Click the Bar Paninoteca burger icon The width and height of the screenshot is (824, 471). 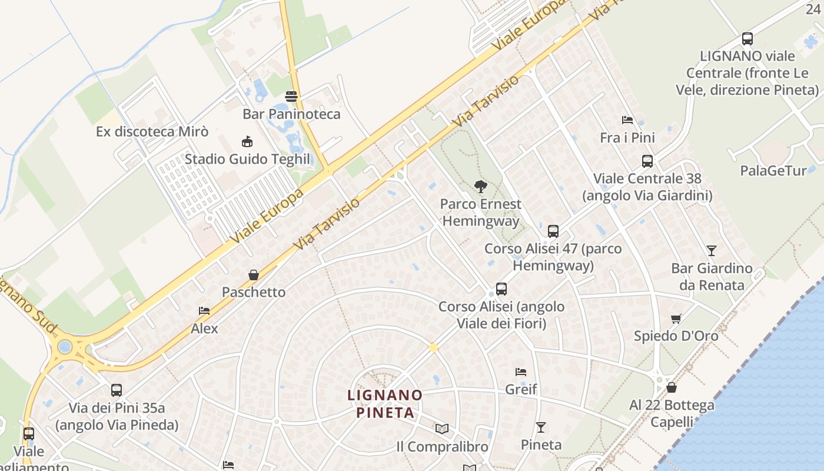[x=291, y=96]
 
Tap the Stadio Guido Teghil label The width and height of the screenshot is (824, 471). [x=247, y=159]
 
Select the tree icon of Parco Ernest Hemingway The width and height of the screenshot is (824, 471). [x=481, y=187]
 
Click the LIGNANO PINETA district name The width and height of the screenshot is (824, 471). [x=385, y=403]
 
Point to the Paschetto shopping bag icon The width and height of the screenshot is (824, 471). [x=254, y=274]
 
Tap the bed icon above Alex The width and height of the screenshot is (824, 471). [x=204, y=310]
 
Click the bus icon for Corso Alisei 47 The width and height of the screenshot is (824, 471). [x=553, y=231]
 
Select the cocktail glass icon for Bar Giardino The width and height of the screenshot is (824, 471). [x=712, y=251]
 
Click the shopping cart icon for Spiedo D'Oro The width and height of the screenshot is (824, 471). [x=676, y=319]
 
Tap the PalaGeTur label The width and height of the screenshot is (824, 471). [x=773, y=171]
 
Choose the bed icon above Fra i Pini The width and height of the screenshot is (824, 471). [x=627, y=120]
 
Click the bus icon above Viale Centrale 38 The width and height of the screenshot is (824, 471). [x=647, y=161]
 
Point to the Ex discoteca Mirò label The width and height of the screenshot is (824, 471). [x=152, y=131]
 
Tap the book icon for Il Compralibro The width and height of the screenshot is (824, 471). [x=442, y=429]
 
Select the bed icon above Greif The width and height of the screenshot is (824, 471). [x=521, y=372]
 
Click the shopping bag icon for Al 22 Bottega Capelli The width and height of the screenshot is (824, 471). [x=672, y=387]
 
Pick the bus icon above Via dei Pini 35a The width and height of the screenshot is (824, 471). [x=117, y=390]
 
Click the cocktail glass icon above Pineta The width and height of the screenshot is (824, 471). [x=541, y=427]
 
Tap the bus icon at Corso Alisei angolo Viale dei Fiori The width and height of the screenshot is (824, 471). [x=501, y=289]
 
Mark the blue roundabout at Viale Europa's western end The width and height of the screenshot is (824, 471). [x=65, y=346]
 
